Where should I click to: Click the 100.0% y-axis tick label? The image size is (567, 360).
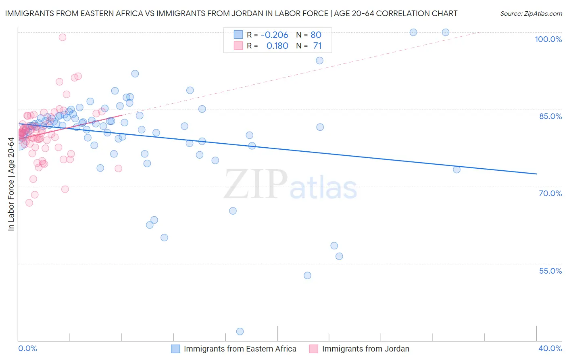click(x=548, y=39)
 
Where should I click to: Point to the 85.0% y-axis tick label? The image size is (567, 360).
click(x=550, y=116)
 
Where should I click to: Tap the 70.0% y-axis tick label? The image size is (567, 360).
click(x=550, y=193)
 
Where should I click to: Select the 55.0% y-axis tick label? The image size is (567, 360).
click(x=550, y=271)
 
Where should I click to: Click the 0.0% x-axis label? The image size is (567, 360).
click(x=27, y=348)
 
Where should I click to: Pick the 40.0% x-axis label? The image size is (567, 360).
click(x=550, y=348)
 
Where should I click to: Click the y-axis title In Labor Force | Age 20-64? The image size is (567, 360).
click(x=11, y=184)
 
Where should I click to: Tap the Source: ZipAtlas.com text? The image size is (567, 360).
click(x=531, y=13)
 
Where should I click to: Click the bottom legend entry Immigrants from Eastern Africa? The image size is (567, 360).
click(x=240, y=349)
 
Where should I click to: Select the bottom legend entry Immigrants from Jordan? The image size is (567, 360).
click(x=365, y=349)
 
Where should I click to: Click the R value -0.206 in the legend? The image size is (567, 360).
click(x=274, y=35)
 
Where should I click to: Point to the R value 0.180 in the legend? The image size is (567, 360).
click(x=277, y=46)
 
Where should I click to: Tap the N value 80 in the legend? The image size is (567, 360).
click(x=316, y=35)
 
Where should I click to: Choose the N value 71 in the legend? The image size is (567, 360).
click(x=317, y=46)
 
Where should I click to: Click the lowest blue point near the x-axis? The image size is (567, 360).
click(x=240, y=331)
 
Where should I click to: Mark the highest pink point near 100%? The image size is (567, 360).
click(x=63, y=37)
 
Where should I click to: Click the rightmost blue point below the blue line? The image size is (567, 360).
click(x=457, y=170)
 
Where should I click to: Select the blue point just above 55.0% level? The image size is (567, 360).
click(x=339, y=256)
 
